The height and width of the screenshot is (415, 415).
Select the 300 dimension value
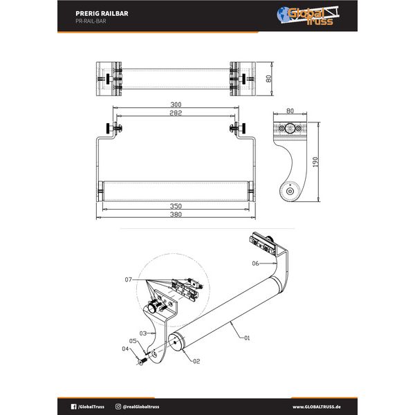[x=176, y=106]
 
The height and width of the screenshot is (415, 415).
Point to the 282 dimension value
[x=176, y=113]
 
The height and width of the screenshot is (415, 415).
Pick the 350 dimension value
[x=176, y=206]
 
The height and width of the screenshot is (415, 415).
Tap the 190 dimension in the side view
[x=315, y=163]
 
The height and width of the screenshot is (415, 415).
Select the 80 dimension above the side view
[x=289, y=110]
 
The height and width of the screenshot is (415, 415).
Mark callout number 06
[x=255, y=264]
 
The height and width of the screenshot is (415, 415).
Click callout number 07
[x=129, y=279]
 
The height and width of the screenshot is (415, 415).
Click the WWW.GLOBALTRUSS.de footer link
[x=319, y=407]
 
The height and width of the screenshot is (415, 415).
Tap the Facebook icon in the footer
[x=74, y=407]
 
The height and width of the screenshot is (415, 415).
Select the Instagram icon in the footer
[x=118, y=407]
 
